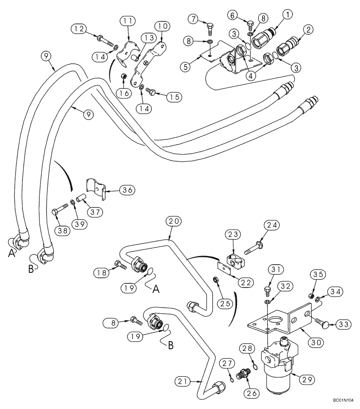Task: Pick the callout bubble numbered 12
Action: tap(79, 28)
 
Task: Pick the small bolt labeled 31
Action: tap(266, 290)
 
